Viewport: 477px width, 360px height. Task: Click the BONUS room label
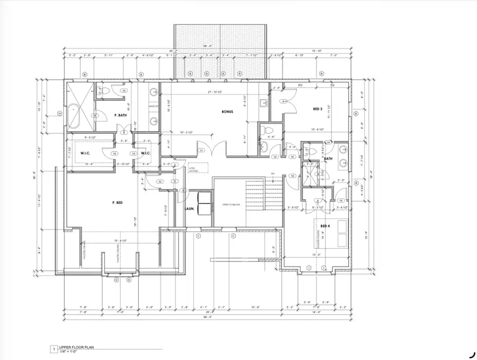tap(228, 112)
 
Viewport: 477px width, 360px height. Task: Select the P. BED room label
tap(118, 203)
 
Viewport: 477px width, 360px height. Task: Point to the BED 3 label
tap(318, 109)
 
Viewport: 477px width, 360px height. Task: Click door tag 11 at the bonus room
tap(201, 151)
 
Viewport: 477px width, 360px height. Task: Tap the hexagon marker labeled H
tap(60, 113)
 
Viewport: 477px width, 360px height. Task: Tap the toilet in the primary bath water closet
tap(105, 91)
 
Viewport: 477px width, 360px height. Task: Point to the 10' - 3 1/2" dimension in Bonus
tap(189, 132)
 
